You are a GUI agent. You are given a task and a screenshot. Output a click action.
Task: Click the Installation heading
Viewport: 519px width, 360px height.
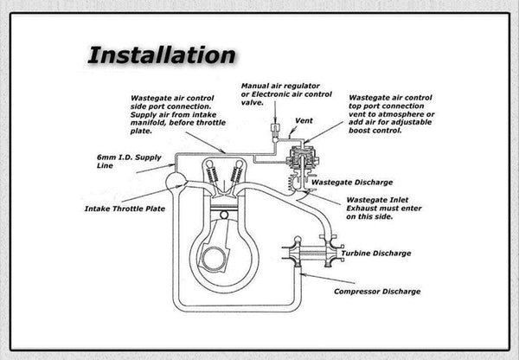pos(161,55)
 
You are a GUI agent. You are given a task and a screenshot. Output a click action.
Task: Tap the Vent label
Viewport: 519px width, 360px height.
pos(303,120)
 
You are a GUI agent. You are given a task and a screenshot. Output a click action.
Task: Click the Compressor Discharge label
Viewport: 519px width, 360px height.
pos(377,292)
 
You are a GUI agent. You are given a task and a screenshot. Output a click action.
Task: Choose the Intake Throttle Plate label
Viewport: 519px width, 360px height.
pos(125,209)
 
